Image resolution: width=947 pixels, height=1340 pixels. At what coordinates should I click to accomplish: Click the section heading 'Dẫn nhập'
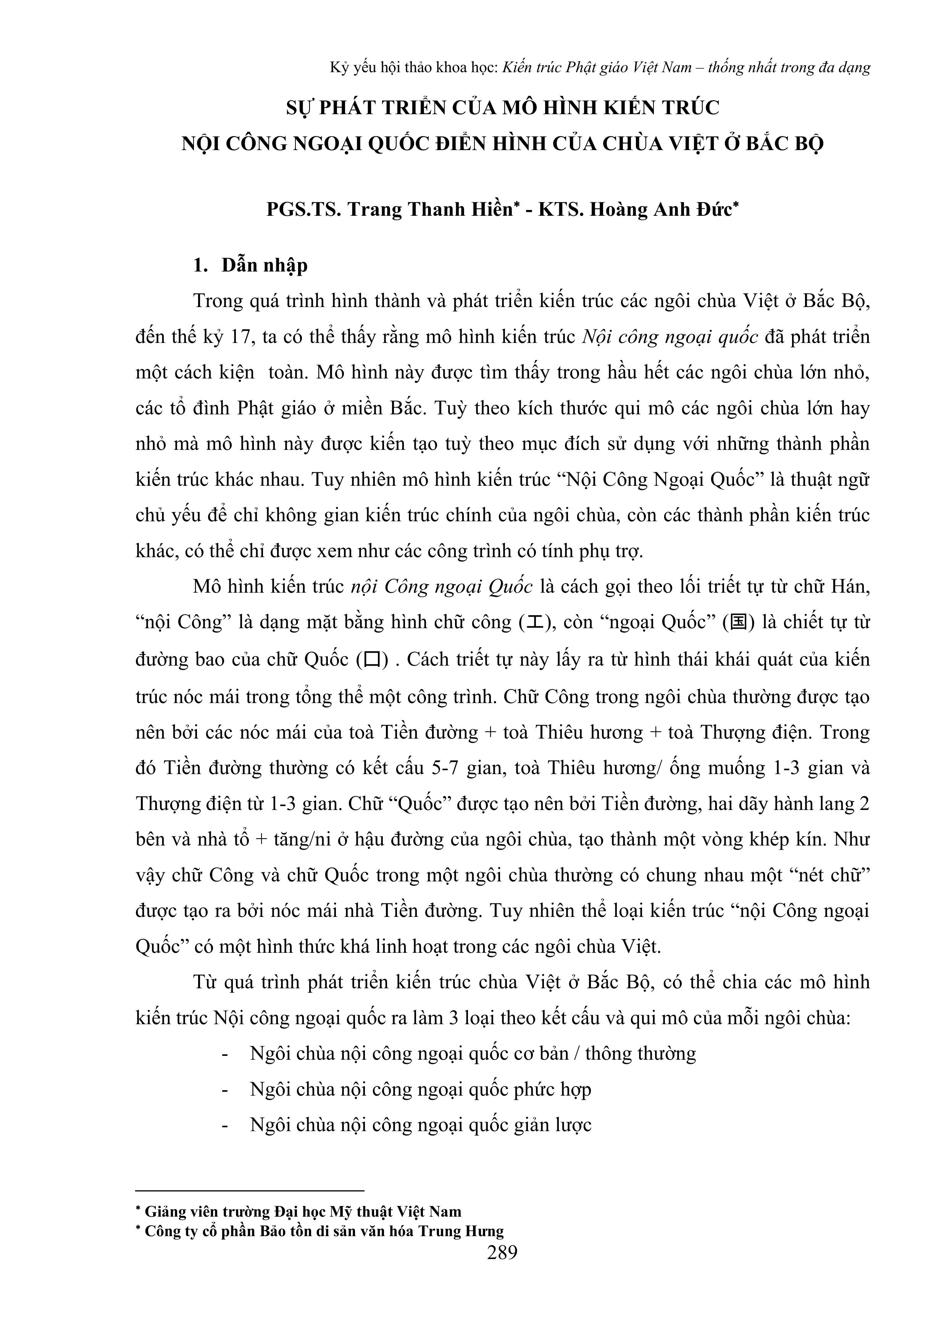[x=264, y=265]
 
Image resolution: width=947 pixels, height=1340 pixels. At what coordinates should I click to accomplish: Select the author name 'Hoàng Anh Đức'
[x=660, y=210]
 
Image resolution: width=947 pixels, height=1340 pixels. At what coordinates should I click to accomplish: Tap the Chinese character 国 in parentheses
[x=739, y=623]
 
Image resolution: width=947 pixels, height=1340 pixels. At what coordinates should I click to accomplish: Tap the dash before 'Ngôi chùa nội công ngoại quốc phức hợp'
[x=225, y=1089]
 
